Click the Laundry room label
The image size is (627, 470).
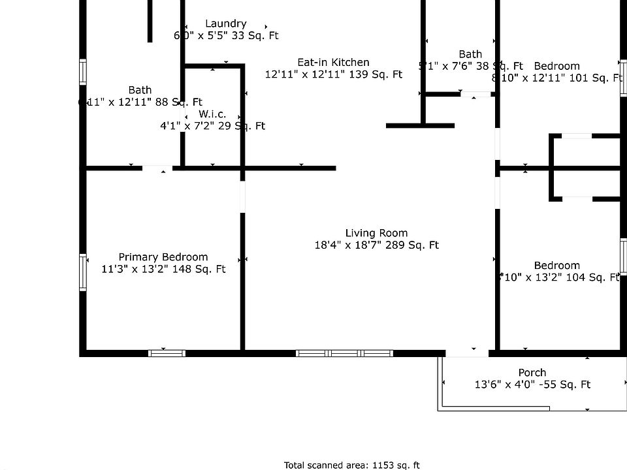tap(226, 24)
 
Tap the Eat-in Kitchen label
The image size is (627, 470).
tap(333, 63)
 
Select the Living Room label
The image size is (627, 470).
tap(376, 233)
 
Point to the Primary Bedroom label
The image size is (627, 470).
tap(163, 257)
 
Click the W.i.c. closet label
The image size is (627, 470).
tap(212, 114)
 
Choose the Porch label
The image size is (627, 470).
tap(532, 373)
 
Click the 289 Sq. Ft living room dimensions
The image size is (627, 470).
tap(376, 245)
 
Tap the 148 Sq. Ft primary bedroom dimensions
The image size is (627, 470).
tap(164, 269)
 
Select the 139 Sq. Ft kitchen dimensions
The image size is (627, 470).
tap(333, 74)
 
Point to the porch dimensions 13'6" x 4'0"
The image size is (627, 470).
tap(532, 385)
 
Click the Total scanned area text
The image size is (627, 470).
tap(351, 465)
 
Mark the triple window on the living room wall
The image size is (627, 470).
tap(344, 353)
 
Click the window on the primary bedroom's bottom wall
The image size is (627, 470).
tap(167, 353)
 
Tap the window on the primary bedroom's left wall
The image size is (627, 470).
tap(83, 272)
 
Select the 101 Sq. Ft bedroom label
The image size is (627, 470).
tap(557, 66)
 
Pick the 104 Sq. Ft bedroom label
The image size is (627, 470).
tap(557, 266)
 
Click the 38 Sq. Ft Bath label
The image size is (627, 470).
tap(470, 54)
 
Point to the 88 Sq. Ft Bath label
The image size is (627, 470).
tap(140, 90)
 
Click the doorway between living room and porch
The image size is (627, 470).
tap(466, 353)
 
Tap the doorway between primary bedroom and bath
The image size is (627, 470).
tap(157, 168)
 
